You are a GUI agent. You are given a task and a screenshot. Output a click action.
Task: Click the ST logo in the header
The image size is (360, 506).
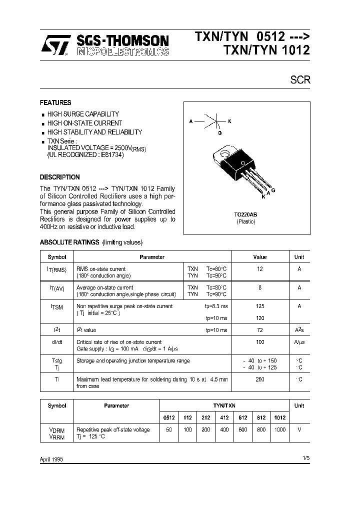tap(56, 45)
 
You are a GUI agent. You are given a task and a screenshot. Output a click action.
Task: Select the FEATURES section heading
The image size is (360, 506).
tap(55, 102)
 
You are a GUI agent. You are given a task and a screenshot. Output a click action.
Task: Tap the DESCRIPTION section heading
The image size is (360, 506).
tap(59, 177)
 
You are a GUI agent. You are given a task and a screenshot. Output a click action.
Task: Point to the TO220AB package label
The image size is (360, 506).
tap(245, 214)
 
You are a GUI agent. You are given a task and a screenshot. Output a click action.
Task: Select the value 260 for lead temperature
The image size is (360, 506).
tap(259, 379)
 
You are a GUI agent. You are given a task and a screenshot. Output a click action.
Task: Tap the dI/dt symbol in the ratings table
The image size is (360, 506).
tap(56, 342)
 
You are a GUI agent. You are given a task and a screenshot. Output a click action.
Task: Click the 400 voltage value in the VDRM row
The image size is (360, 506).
tap(223, 430)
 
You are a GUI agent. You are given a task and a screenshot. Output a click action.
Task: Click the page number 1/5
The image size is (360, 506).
tap(305, 458)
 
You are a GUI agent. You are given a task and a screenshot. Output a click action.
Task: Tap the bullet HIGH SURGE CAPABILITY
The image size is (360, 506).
tap(83, 114)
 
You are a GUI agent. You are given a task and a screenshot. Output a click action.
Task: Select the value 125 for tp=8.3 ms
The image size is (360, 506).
tap(259, 306)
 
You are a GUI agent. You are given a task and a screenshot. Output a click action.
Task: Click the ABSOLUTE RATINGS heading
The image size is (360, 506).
tap(69, 242)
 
